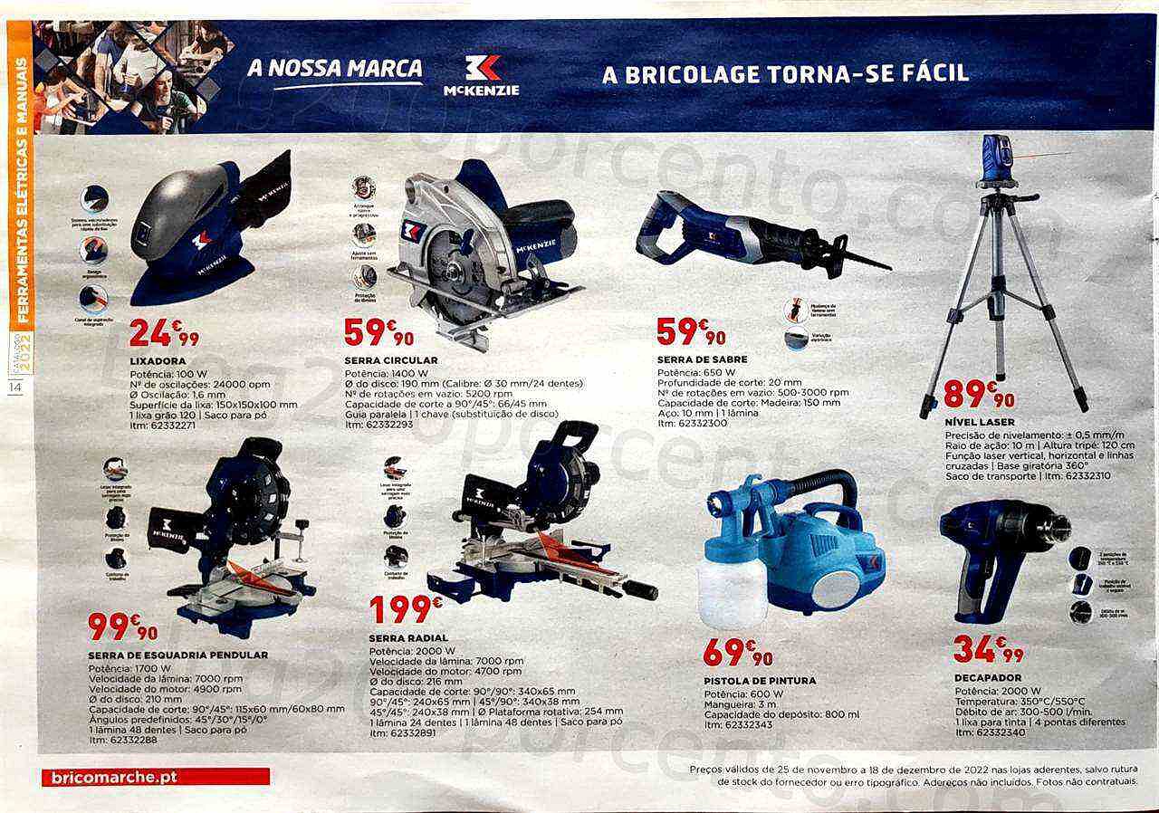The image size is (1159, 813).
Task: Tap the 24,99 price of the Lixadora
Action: click(164, 333)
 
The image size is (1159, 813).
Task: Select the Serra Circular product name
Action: click(378, 360)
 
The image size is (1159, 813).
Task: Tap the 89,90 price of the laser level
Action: click(979, 394)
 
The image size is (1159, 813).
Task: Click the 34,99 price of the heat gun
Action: click(989, 649)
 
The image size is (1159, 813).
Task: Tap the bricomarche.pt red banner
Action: click(156, 777)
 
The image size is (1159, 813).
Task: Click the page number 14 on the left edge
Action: click(15, 388)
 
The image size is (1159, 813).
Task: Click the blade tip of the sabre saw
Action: click(883, 266)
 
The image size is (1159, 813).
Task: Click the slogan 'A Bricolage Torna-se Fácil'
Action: click(785, 73)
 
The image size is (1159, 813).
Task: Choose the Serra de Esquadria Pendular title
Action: click(178, 655)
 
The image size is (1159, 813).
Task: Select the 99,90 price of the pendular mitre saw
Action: click(122, 626)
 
